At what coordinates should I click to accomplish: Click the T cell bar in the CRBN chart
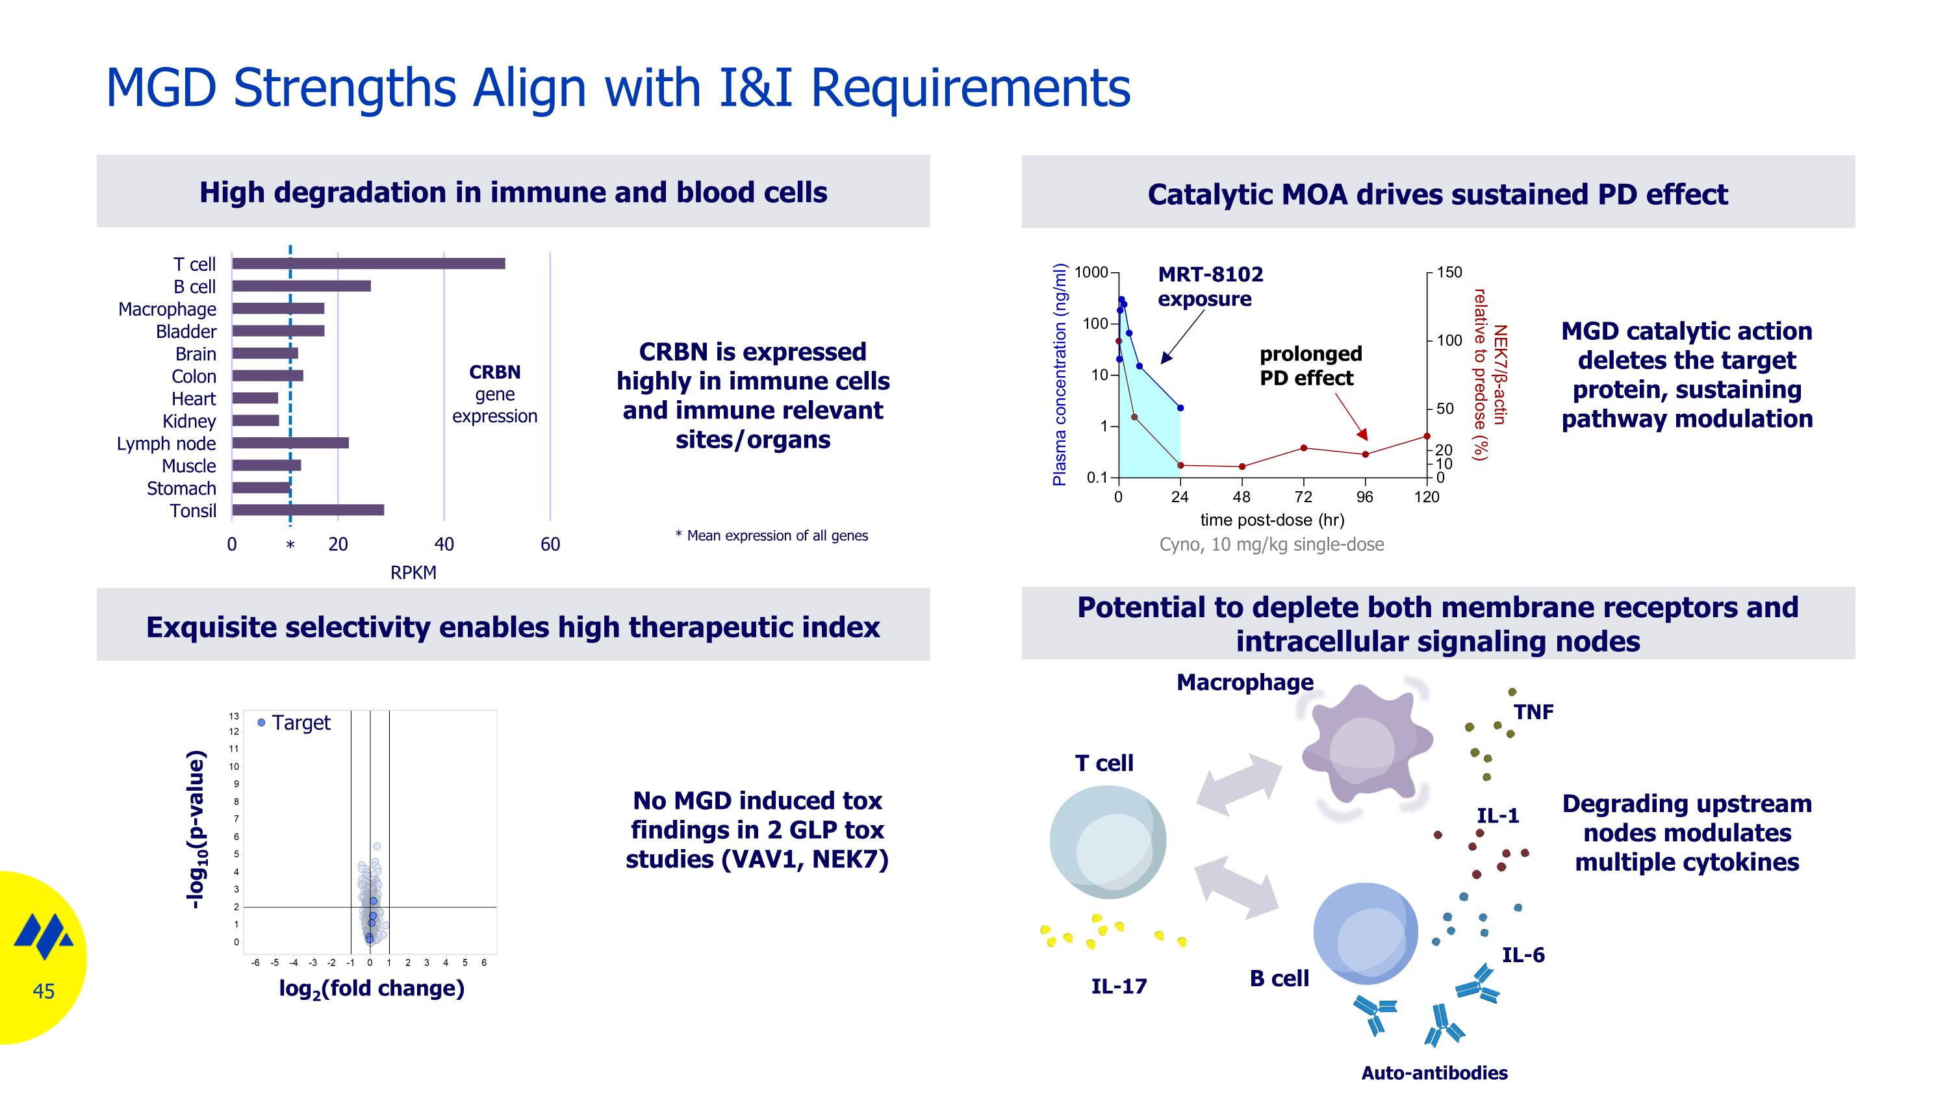[368, 263]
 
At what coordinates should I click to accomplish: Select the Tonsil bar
[308, 510]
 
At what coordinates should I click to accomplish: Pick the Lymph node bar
[290, 442]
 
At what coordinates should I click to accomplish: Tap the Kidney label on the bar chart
[189, 420]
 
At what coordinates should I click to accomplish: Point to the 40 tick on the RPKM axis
[444, 544]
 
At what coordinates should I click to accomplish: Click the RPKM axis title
[413, 572]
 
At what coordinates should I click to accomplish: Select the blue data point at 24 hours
[1180, 408]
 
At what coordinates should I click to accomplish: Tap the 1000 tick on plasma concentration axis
[1091, 272]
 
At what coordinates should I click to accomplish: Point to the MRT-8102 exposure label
[1210, 286]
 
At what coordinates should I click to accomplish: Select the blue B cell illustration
[1365, 934]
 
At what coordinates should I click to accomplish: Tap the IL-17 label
[1118, 986]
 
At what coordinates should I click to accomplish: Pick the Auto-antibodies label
[1434, 1073]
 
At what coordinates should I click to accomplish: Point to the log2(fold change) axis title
[372, 988]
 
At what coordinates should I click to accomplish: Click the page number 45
[44, 991]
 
